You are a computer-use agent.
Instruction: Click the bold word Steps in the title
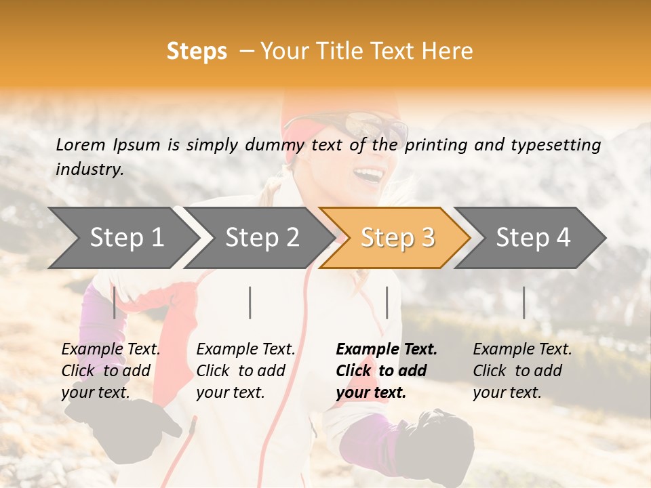click(197, 52)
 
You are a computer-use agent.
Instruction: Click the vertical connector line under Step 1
click(114, 302)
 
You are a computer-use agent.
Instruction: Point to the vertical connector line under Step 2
click(250, 302)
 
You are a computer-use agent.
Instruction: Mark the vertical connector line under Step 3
click(387, 302)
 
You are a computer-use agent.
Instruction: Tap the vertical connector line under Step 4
click(524, 302)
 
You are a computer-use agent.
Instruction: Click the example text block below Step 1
click(111, 371)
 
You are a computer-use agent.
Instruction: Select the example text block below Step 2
click(245, 371)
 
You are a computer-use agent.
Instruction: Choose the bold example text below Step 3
click(387, 371)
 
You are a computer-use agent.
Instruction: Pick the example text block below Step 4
click(522, 371)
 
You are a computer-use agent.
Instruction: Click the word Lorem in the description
click(81, 144)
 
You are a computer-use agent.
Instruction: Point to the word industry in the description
click(89, 169)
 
